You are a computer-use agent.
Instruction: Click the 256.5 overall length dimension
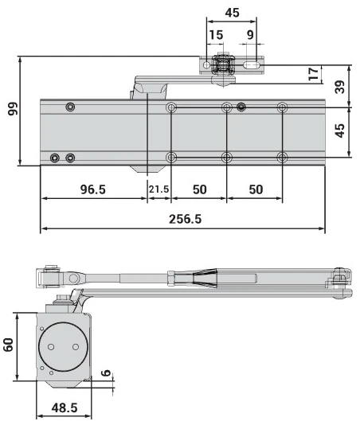(186, 219)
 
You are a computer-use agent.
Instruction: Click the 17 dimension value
(313, 73)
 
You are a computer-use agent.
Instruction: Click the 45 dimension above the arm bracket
(232, 13)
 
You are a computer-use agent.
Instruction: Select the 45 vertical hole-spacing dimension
(341, 130)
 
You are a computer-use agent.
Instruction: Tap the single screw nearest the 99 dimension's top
(71, 107)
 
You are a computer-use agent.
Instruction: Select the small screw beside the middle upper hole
(241, 107)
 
